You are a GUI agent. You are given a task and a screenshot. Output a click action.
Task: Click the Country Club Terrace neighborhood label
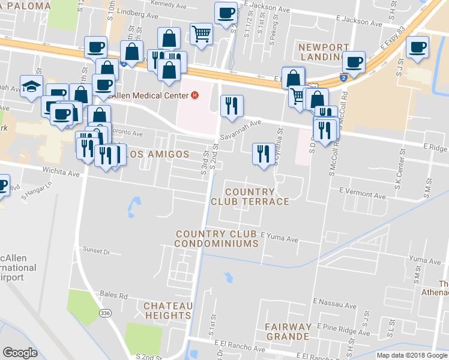(250, 197)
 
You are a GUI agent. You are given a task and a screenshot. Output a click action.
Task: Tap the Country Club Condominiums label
(217, 239)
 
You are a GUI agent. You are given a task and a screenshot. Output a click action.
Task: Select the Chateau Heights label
(167, 310)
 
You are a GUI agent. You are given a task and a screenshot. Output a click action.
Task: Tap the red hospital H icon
(194, 95)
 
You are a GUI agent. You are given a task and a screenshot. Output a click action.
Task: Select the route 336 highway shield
(106, 313)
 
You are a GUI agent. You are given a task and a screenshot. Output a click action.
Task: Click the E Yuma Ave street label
(279, 239)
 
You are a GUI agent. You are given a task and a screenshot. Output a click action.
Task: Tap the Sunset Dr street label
(97, 251)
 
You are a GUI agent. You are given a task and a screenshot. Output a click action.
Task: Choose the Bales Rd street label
(115, 296)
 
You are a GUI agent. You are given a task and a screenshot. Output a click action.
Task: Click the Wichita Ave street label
(61, 173)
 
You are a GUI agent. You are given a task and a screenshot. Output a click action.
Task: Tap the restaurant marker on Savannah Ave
(232, 106)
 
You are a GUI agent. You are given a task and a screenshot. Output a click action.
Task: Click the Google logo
(20, 353)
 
